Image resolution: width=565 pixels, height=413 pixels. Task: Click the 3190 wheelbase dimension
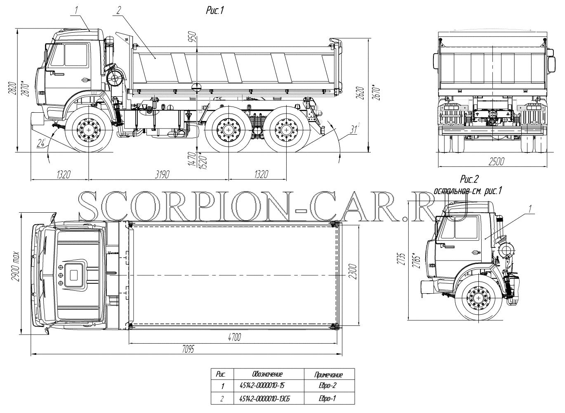162,174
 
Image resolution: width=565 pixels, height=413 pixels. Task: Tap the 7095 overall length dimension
188,349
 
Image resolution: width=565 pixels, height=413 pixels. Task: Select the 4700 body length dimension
234,337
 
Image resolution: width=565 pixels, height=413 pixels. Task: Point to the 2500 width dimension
497,161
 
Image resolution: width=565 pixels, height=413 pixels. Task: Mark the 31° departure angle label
354,128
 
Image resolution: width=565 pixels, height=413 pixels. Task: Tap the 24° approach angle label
40,143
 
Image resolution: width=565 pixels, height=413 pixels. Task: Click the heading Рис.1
215,11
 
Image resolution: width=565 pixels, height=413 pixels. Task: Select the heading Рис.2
469,179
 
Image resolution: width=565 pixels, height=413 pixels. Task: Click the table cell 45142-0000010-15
262,385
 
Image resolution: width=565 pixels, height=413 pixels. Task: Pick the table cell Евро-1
327,399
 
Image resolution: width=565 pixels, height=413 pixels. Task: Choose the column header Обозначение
267,374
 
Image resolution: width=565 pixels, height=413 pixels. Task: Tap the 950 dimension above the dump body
193,37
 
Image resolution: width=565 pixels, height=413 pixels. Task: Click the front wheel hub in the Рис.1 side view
89,130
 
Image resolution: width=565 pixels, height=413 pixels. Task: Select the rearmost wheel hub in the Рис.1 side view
287,130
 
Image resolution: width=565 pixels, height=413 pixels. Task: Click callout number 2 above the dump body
119,10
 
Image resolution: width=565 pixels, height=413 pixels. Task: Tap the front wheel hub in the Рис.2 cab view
479,298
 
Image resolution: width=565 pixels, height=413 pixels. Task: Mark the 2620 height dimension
361,93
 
